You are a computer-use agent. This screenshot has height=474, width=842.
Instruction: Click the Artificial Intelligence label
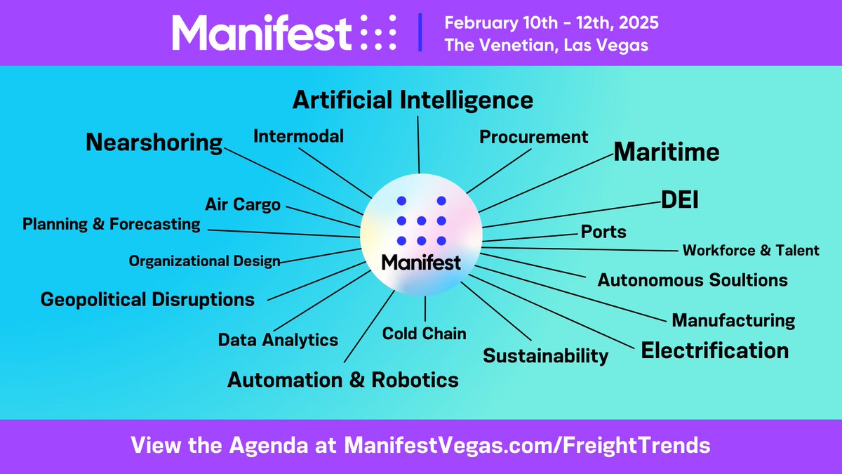[413, 100]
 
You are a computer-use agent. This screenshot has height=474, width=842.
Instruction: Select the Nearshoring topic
[154, 143]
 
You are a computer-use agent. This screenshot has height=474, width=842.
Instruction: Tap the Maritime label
[667, 152]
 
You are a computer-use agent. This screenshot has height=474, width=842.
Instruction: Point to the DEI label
[679, 201]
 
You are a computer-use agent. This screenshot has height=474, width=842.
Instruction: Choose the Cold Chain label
[424, 334]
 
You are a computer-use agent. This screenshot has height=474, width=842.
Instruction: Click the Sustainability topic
[545, 355]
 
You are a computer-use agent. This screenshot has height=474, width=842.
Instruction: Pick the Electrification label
[714, 350]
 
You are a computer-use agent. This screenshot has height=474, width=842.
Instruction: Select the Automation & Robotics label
[342, 380]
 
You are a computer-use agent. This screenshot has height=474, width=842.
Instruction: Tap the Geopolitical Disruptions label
[147, 300]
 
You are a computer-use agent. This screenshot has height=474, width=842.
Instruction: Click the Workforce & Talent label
[751, 250]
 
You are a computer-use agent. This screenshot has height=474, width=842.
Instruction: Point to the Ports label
[603, 231]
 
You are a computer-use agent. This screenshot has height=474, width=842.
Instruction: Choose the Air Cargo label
[243, 205]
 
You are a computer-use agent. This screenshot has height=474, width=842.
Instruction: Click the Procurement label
[533, 137]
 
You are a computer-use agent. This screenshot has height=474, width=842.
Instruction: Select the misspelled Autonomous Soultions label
[692, 280]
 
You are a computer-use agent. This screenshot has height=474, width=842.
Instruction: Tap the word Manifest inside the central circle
[421, 263]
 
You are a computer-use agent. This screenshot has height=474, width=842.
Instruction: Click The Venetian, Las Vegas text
[545, 45]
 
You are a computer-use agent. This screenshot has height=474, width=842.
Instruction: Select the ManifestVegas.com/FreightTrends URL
[526, 445]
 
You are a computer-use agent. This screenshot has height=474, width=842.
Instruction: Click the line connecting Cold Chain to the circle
[425, 309]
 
